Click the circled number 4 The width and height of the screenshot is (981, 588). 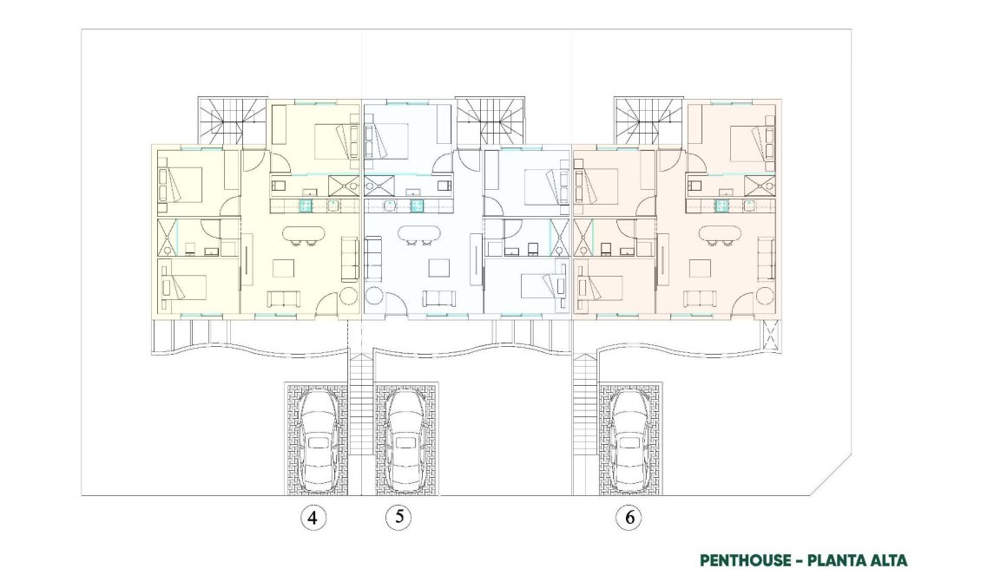pyautogui.click(x=313, y=519)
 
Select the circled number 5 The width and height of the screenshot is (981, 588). pyautogui.click(x=398, y=518)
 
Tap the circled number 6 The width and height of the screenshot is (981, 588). pyautogui.click(x=629, y=519)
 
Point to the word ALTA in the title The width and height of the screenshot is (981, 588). pyautogui.click(x=888, y=560)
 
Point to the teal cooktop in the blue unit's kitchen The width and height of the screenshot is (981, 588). pyautogui.click(x=417, y=206)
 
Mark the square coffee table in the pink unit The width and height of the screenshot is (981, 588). pyautogui.click(x=701, y=268)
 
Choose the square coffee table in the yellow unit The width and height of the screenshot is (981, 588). pyautogui.click(x=285, y=268)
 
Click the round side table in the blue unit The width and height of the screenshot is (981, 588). pyautogui.click(x=374, y=296)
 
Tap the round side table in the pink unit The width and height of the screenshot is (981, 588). pyautogui.click(x=764, y=296)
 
